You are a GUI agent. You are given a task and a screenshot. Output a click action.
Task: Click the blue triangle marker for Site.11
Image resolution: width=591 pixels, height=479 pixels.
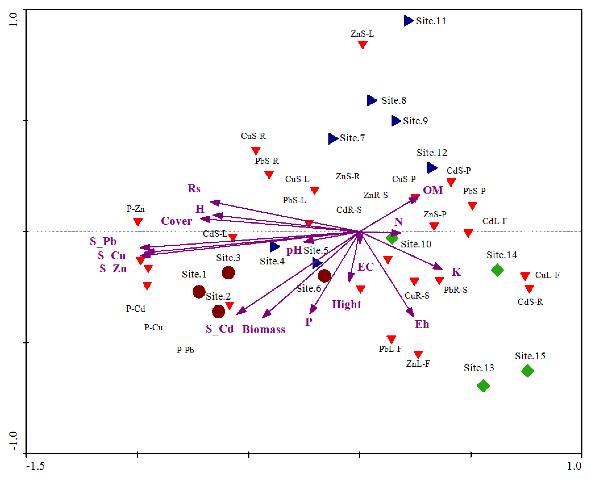click(x=408, y=21)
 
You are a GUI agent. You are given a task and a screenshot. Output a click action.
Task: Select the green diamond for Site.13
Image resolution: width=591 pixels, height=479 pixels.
click(x=483, y=386)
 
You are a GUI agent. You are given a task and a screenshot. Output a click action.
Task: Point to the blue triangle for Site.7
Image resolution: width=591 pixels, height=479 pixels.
click(x=333, y=138)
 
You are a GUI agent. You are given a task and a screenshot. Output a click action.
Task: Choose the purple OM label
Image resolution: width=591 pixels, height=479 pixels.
click(x=433, y=190)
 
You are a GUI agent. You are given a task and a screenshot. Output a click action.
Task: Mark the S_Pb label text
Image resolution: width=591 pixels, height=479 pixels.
click(x=103, y=241)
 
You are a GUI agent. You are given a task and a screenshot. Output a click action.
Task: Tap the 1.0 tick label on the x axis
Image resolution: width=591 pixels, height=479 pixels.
click(x=574, y=466)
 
